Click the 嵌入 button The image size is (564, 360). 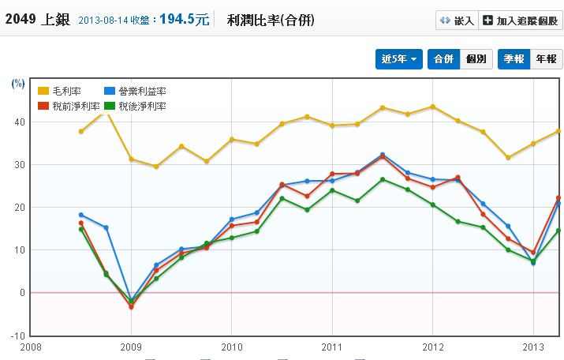[458, 21]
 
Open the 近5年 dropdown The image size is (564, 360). [399, 59]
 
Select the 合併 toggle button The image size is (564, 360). [443, 59]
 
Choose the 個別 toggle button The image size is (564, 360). [476, 59]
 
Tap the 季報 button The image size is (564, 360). [514, 59]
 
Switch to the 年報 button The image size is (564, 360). [546, 59]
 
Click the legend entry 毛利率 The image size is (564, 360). [61, 92]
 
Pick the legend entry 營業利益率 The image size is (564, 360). [135, 92]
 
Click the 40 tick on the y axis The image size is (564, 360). [19, 122]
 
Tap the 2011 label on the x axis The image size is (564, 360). [331, 347]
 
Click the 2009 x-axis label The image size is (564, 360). [131, 347]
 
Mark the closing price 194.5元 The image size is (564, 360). [185, 20]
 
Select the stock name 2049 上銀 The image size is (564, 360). [38, 20]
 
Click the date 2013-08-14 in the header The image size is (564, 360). [105, 21]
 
